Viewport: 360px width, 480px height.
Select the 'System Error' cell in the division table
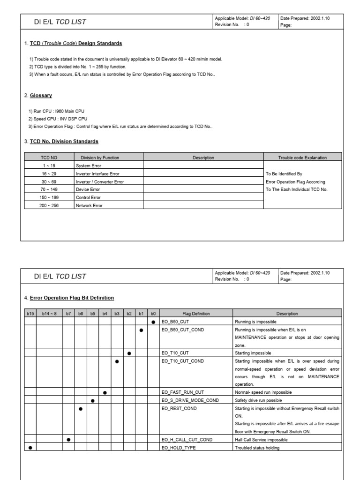(88, 165)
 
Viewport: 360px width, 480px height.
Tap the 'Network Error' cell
(89, 205)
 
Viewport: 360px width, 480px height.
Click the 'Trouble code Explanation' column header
(302, 157)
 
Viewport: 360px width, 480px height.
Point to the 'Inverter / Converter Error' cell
(100, 181)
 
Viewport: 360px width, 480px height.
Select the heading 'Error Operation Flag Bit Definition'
(72, 298)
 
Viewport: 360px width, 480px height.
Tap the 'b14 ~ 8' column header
(50, 314)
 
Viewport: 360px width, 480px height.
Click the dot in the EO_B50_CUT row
(153, 322)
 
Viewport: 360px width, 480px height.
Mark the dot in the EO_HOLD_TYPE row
(30, 448)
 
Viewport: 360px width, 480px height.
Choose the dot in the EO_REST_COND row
(81, 409)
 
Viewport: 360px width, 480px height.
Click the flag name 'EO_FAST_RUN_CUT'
(182, 392)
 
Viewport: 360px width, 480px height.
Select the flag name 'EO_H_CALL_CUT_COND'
(187, 440)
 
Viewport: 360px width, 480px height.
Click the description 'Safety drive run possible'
(259, 400)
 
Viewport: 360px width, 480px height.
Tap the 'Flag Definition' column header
(196, 314)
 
